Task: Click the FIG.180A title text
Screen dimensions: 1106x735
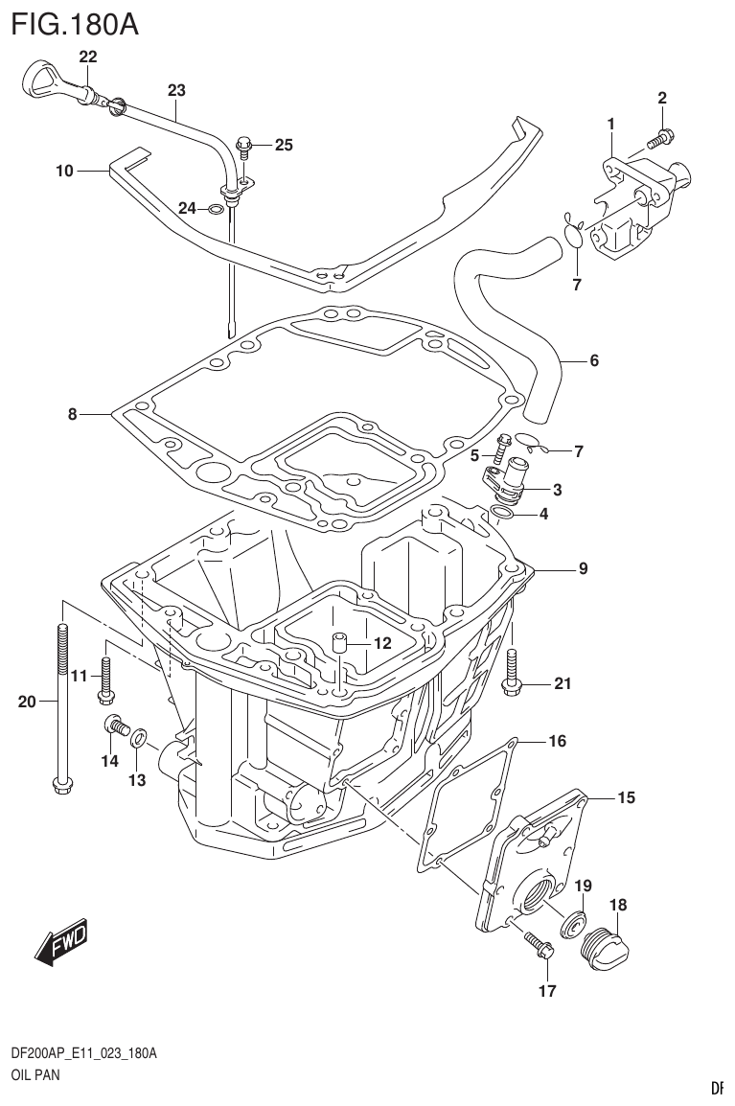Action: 74,23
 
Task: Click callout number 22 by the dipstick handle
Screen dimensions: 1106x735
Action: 88,58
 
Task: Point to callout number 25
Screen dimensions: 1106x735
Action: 284,146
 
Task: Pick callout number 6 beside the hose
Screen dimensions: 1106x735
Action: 594,361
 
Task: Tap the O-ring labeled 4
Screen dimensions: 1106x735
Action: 499,518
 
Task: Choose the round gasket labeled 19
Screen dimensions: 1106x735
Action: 575,922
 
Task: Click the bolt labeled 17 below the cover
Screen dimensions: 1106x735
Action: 539,945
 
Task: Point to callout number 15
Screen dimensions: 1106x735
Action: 625,797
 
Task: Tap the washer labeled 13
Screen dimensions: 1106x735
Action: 138,737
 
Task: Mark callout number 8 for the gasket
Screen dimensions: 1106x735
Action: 72,415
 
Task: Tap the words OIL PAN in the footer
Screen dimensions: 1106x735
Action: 35,1075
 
